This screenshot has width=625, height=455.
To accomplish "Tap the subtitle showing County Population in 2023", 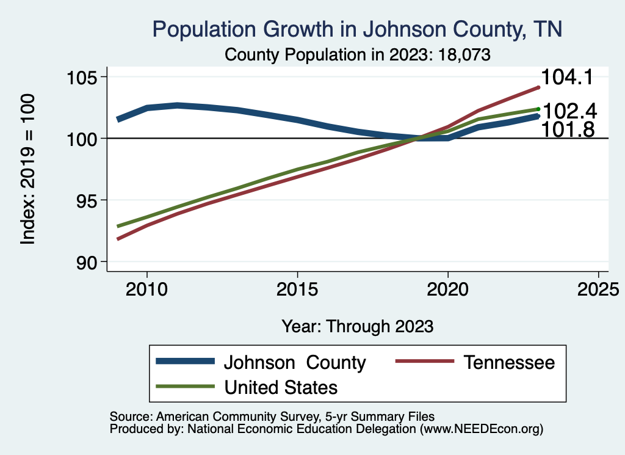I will coord(358,54).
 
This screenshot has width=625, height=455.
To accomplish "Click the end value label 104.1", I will coord(568,78).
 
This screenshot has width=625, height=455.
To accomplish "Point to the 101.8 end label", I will coord(568,129).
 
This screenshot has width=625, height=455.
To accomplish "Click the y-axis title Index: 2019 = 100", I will coord(28,169).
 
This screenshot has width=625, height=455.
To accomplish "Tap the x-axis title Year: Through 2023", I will coord(358,326).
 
